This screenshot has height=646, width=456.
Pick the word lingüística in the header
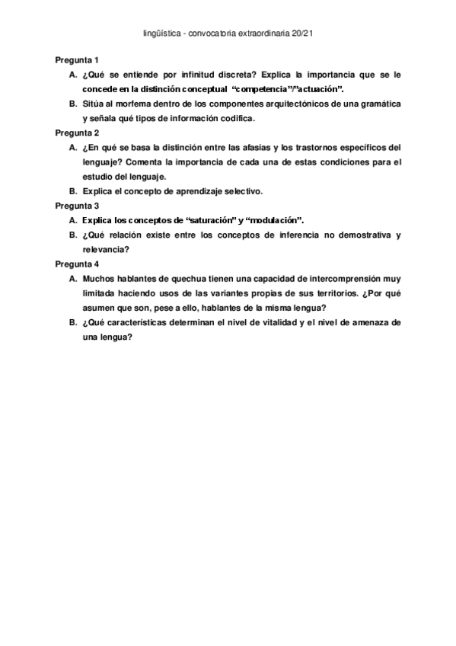pos(162,34)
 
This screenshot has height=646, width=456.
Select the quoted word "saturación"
pos(209,220)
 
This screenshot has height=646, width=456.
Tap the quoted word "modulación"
pos(273,220)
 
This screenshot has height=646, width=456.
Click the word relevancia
pos(105,249)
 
